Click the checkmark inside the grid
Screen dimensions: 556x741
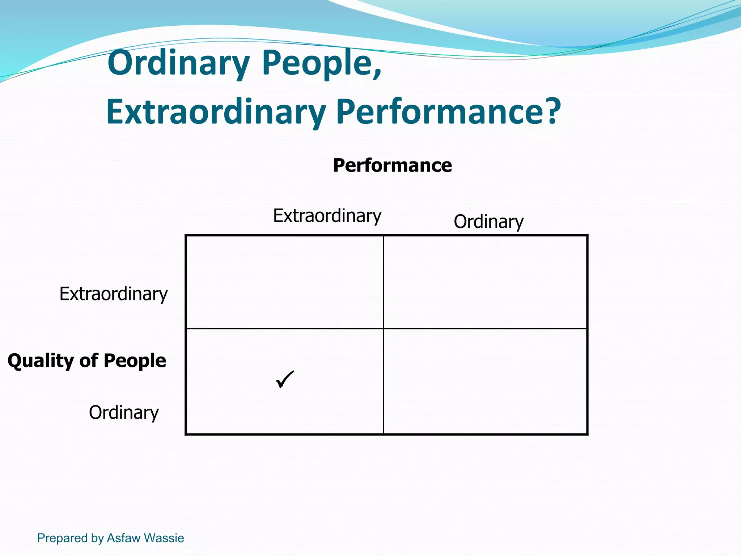(x=285, y=379)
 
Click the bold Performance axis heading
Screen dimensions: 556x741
(x=392, y=165)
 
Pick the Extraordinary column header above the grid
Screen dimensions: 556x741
(x=327, y=216)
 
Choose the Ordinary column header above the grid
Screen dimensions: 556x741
(x=488, y=222)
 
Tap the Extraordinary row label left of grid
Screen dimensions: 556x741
(x=113, y=294)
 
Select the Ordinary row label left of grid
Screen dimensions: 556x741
(x=124, y=413)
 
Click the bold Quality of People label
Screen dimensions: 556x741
(x=87, y=361)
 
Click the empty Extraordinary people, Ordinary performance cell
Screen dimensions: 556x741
(x=485, y=282)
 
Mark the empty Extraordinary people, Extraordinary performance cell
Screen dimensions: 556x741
(x=285, y=282)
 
